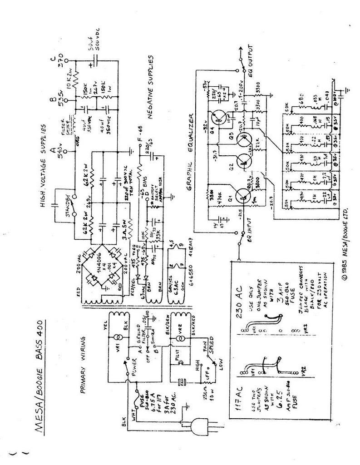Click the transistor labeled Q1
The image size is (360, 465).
click(x=240, y=196)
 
